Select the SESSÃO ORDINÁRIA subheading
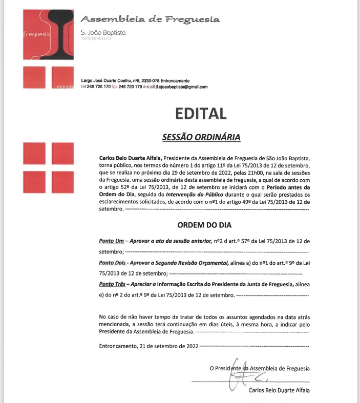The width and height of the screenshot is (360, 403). (x=201, y=137)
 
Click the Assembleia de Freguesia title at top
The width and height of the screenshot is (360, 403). (x=150, y=19)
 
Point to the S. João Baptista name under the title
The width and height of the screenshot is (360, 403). (x=103, y=32)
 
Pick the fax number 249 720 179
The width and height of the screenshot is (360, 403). (x=130, y=87)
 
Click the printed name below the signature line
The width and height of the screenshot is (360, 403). (x=279, y=391)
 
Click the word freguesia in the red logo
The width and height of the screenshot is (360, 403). (x=37, y=35)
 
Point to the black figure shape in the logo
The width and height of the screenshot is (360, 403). (x=61, y=31)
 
